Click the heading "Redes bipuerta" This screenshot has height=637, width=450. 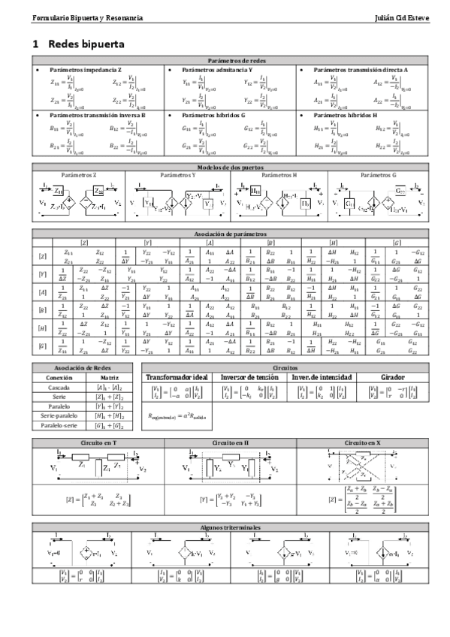86,44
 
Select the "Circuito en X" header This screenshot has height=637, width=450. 362,443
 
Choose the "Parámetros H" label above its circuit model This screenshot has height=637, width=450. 279,174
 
